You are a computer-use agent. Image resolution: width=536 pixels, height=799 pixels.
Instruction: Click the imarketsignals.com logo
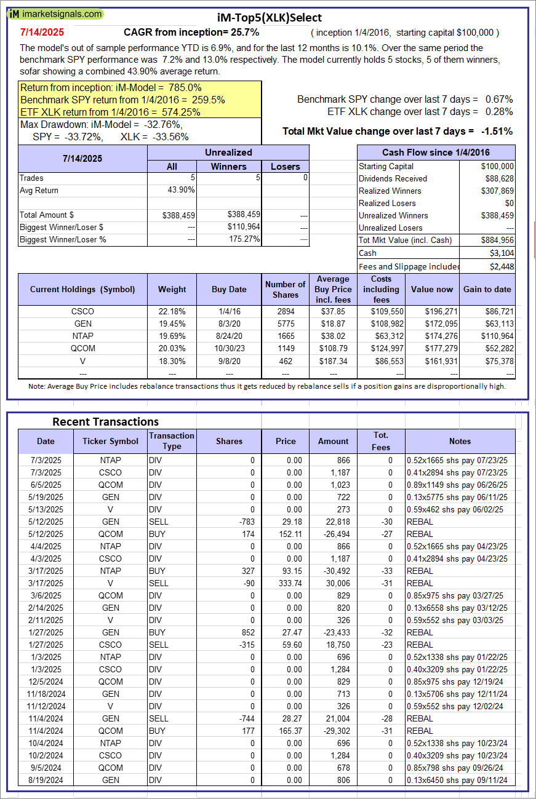(56, 14)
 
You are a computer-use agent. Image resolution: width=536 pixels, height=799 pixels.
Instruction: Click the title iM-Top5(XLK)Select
(269, 18)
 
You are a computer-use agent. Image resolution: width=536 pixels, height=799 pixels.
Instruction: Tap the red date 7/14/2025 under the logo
(41, 32)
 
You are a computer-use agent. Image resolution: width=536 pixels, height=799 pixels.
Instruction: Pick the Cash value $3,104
(502, 253)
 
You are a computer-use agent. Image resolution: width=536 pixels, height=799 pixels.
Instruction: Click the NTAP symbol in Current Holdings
(82, 336)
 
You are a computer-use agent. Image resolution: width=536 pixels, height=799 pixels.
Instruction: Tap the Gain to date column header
(487, 289)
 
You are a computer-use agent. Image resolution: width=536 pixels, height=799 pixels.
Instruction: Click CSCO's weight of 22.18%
(172, 311)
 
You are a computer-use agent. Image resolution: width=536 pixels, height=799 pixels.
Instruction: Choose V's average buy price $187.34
(334, 360)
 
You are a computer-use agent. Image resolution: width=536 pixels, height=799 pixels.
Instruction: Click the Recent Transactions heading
(105, 421)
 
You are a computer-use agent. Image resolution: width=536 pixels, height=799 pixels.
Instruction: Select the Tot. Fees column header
(381, 441)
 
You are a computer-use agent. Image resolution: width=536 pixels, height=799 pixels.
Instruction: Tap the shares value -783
(244, 522)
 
